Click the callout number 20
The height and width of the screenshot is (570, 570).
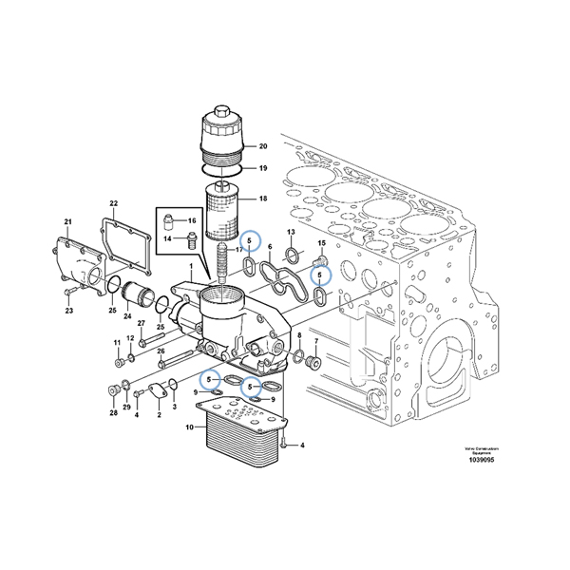coord(263,145)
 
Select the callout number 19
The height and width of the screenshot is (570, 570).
coord(263,168)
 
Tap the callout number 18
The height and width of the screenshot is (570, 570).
coord(263,199)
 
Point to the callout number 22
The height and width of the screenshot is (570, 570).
coord(113,204)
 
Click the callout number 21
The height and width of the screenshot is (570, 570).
coord(67,222)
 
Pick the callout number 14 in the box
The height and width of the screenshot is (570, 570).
coord(166,238)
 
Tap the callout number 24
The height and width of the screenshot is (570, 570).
coord(127,315)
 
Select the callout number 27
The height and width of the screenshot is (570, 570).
coord(141,324)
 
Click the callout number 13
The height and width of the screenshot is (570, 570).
coord(292,233)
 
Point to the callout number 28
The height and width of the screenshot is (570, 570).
coord(113,413)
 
